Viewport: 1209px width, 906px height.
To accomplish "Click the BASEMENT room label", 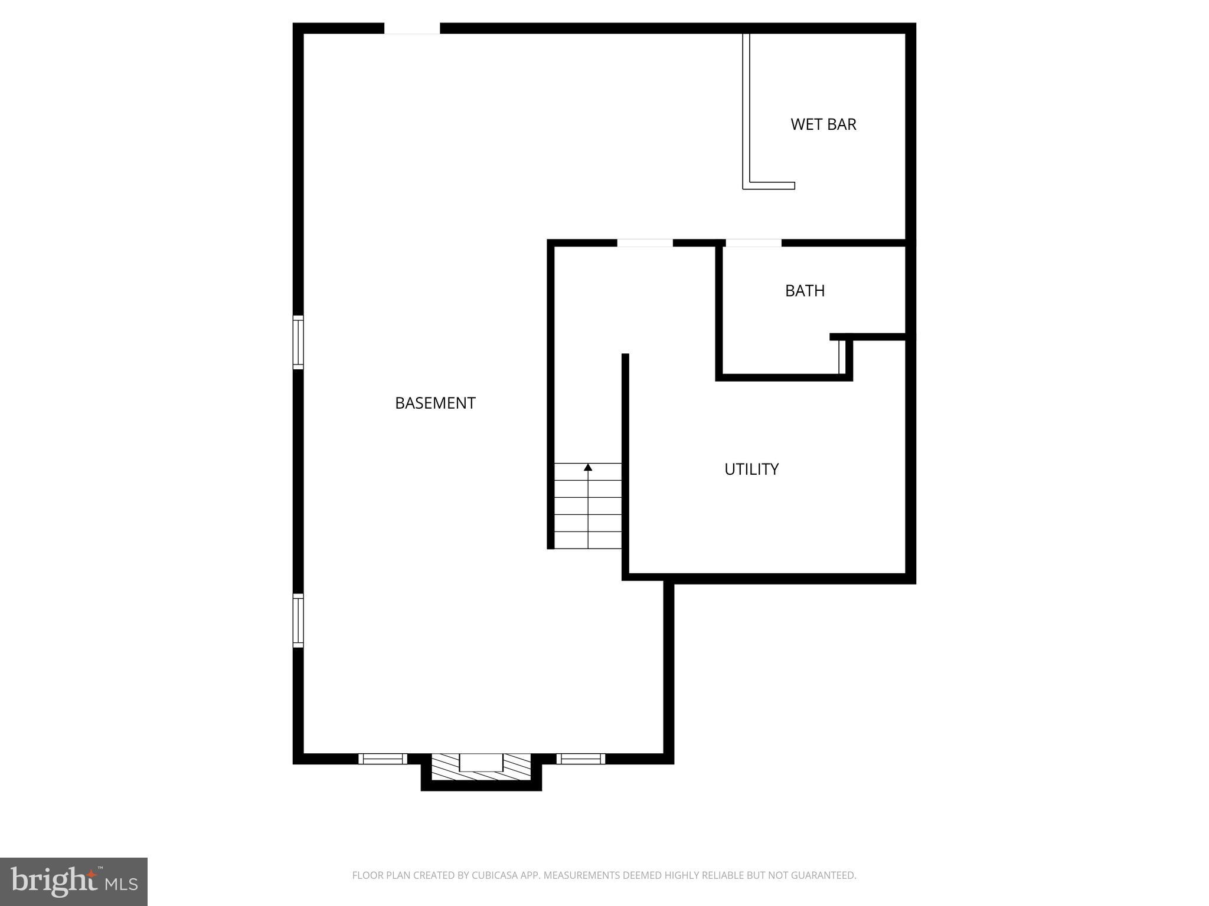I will pyautogui.click(x=435, y=403).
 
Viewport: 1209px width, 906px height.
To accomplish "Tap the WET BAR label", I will pyautogui.click(x=823, y=124).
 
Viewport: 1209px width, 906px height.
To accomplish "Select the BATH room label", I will pyautogui.click(x=805, y=291).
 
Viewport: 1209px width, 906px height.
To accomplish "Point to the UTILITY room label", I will pyautogui.click(x=751, y=469).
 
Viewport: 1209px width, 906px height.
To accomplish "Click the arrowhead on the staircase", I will pyautogui.click(x=588, y=467).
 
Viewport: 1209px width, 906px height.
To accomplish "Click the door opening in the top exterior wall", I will pyautogui.click(x=412, y=28).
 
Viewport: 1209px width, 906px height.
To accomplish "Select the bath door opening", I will pyautogui.click(x=753, y=242).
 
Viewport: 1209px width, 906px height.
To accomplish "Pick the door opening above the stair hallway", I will pyautogui.click(x=645, y=242).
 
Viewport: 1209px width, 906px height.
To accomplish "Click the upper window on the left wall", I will pyautogui.click(x=298, y=342).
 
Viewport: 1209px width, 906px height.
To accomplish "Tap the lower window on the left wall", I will pyautogui.click(x=298, y=621).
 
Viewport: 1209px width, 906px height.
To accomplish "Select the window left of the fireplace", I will pyautogui.click(x=383, y=759).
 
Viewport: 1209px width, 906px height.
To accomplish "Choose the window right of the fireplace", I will pyautogui.click(x=580, y=759).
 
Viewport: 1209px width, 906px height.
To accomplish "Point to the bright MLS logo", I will pyautogui.click(x=74, y=881).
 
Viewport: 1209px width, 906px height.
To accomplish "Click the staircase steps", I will pyautogui.click(x=588, y=507).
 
